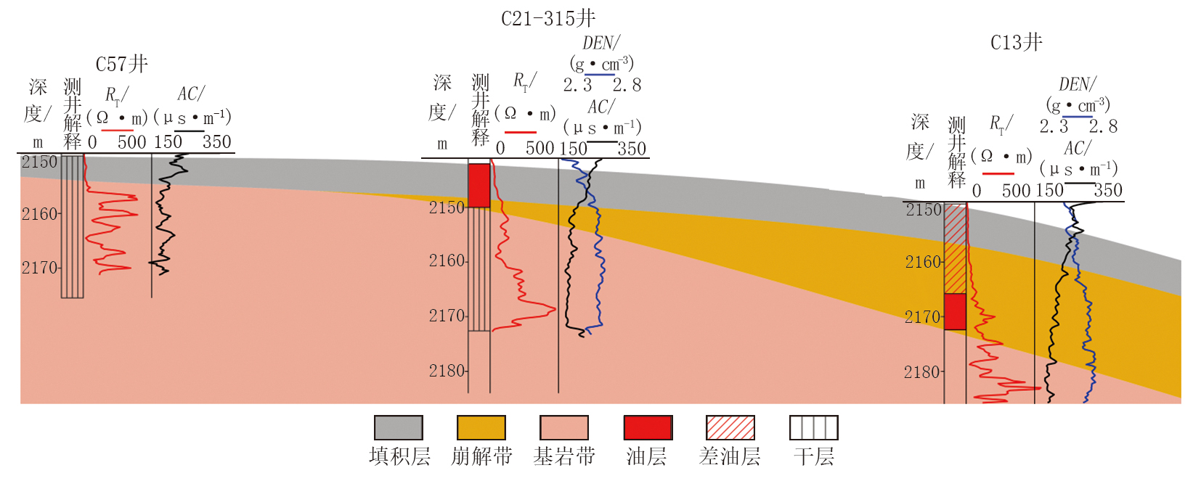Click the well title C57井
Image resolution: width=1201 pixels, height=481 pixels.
(122, 65)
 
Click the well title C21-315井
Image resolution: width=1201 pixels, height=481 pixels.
(548, 18)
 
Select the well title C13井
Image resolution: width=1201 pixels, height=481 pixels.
(1017, 43)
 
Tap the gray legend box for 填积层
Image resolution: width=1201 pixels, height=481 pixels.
(398, 427)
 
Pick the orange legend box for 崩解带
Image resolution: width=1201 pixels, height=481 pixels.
(481, 427)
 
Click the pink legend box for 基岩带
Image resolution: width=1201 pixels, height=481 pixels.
(563, 427)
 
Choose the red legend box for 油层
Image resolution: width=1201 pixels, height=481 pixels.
(648, 427)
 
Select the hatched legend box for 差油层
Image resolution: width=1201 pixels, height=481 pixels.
(730, 427)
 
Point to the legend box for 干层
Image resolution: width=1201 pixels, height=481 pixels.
(813, 427)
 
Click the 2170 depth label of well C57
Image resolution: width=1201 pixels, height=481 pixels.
(39, 268)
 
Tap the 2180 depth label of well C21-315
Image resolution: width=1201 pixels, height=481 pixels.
(447, 371)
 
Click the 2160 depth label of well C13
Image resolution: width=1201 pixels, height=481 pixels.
(923, 262)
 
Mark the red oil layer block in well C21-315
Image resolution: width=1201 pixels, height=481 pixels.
(479, 186)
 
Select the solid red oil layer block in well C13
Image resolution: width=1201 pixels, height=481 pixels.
(955, 311)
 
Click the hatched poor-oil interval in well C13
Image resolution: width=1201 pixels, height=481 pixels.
(955, 249)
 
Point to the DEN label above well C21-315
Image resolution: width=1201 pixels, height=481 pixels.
(600, 44)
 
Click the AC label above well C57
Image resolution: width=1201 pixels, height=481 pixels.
(190, 94)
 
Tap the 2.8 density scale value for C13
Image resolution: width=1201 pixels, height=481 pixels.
(1103, 127)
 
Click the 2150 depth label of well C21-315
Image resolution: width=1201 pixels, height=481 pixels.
(447, 207)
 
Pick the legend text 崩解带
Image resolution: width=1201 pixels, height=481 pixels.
(481, 456)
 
